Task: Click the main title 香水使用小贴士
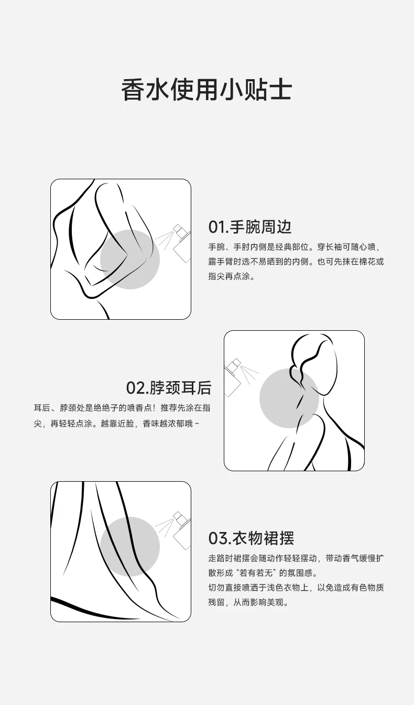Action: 206,90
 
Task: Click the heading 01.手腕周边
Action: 250,227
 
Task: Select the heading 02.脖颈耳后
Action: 169,388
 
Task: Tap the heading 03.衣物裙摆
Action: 251,538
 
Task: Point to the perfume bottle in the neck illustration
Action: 232,377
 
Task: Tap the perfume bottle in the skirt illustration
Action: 182,530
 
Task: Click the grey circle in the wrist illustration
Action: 130,259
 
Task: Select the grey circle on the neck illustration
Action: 289,398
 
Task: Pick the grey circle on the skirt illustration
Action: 130,547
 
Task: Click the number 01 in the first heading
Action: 217,227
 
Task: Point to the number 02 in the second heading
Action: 135,388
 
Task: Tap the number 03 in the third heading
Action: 217,538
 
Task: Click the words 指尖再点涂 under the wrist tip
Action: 229,276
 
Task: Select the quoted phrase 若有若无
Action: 256,573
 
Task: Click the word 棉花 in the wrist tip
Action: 367,262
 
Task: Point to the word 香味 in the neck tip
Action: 151,424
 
